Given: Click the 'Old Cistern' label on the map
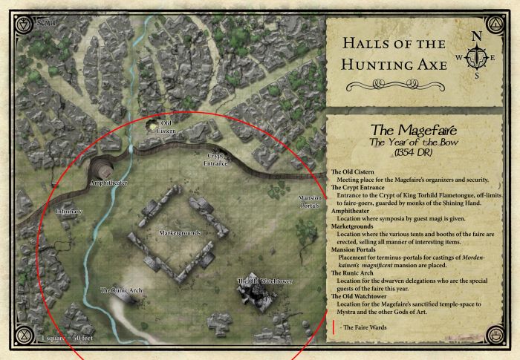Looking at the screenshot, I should (167, 125).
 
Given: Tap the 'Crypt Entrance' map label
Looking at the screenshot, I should (215, 159).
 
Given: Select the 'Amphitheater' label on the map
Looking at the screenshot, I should (108, 181).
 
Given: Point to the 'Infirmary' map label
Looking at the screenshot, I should (69, 212).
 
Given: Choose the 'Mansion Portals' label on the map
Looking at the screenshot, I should (309, 202).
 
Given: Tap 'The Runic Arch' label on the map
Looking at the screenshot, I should (120, 289).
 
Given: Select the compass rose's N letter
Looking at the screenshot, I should (477, 36).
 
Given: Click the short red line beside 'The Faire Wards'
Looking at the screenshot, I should (334, 327).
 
